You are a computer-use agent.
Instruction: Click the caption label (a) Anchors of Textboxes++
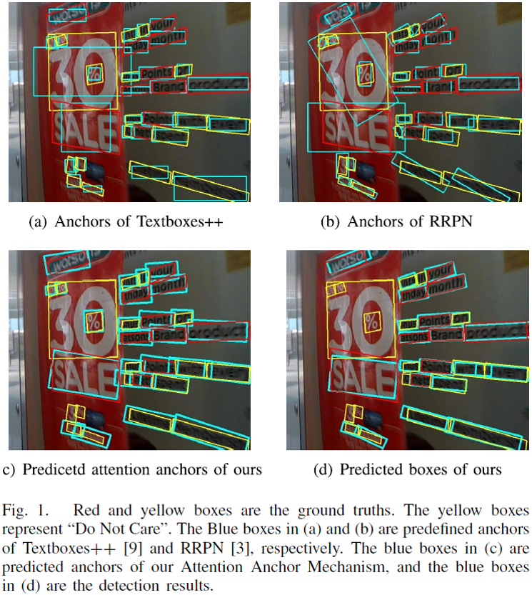[126, 222]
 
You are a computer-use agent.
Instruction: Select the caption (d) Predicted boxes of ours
[407, 469]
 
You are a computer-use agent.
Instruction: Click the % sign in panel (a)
[94, 73]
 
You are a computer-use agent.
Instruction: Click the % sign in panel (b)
[364, 73]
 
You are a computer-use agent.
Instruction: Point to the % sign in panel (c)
[94, 321]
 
